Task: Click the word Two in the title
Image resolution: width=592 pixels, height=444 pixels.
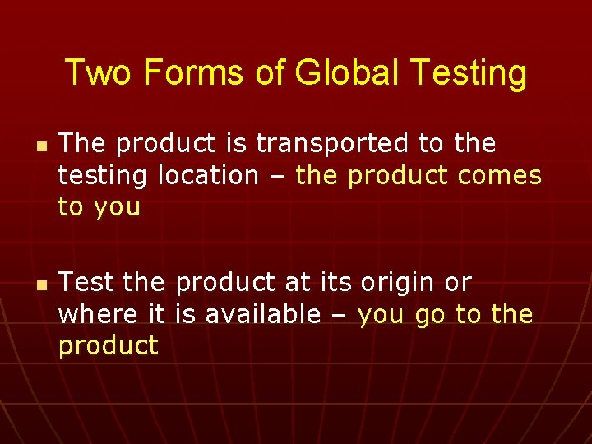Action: click(97, 72)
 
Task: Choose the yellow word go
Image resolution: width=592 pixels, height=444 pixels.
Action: click(430, 315)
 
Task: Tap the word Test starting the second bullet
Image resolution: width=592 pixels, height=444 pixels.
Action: click(87, 283)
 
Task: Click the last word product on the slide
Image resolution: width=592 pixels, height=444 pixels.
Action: click(108, 346)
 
